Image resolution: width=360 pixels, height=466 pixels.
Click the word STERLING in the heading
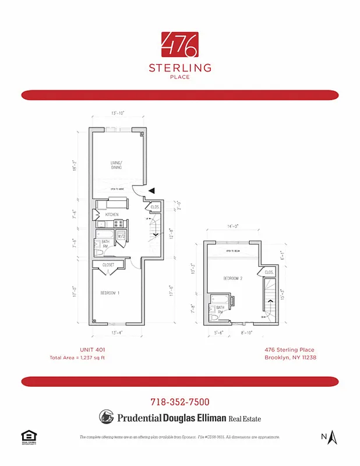tap(180, 68)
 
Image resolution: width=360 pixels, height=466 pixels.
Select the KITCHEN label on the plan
tap(112, 215)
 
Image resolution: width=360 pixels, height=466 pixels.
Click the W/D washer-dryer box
tap(122, 236)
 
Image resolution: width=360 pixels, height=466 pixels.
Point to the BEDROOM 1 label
tap(110, 293)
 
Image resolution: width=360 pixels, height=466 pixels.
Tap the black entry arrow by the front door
tap(151, 190)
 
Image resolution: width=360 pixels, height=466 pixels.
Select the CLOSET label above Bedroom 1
tap(108, 265)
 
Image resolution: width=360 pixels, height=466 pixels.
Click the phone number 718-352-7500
tap(180, 402)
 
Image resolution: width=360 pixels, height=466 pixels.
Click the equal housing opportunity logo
tap(27, 436)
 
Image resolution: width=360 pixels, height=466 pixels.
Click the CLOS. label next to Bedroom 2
tap(269, 272)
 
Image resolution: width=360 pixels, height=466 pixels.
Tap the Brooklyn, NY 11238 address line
tap(290, 357)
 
